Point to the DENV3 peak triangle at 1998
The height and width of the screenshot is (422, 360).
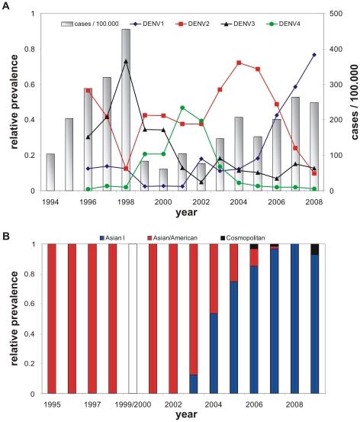125,61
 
